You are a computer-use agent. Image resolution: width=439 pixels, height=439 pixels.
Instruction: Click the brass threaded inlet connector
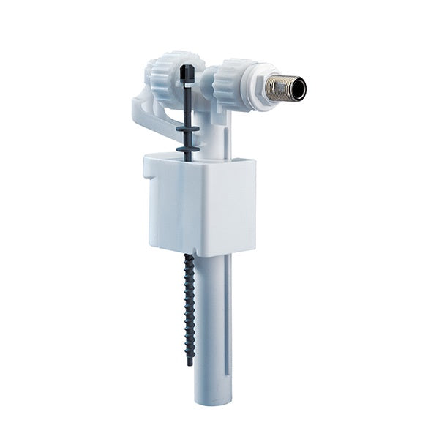tap(281, 87)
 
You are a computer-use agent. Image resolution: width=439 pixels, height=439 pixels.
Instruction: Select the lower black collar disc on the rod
tap(188, 149)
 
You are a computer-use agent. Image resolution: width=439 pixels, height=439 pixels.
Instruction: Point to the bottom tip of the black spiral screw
tap(190, 361)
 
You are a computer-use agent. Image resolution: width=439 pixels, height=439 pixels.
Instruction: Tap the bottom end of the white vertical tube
tap(212, 399)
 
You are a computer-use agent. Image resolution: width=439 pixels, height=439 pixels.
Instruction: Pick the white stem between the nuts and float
tap(219, 132)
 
